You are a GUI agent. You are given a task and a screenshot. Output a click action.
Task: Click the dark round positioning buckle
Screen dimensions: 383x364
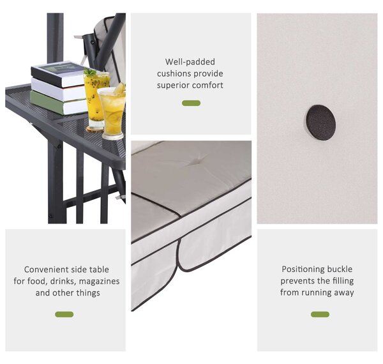coord(320,123)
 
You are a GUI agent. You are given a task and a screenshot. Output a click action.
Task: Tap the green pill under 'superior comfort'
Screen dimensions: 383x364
coord(191,103)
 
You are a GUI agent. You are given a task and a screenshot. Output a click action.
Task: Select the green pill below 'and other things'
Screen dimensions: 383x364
coord(64,314)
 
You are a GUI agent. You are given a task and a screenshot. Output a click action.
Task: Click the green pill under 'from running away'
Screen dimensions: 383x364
coord(320,314)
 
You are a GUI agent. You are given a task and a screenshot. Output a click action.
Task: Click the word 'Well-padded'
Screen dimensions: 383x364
coord(190,61)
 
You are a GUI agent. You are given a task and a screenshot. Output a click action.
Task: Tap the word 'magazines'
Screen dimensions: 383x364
coord(100,282)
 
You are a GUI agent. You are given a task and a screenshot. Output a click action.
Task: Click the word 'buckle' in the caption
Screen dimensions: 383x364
coord(340,269)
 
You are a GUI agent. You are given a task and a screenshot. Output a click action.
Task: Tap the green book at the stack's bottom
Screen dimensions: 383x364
coord(59,103)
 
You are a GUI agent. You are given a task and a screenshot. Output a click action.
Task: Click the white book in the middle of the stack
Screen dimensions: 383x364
coord(59,90)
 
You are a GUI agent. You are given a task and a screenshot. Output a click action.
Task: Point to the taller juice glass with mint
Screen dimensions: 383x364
coord(96,98)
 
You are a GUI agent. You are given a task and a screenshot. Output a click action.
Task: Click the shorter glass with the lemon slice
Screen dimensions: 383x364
coord(112,112)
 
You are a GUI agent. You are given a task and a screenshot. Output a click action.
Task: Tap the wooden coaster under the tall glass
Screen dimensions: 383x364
coord(94,129)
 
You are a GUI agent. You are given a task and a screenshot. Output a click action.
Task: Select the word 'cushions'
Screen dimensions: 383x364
coord(173,73)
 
